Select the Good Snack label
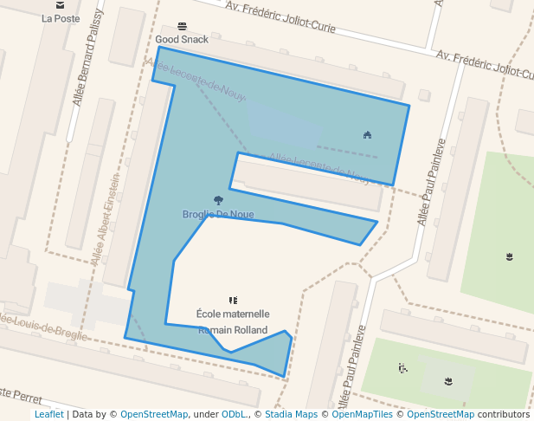[182, 40]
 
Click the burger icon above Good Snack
[182, 26]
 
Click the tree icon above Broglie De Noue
[217, 201]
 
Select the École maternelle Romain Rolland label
[233, 321]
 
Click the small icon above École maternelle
[233, 300]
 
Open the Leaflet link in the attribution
[48, 415]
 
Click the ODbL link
[235, 415]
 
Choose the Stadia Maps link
[290, 415]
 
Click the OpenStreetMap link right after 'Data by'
[154, 415]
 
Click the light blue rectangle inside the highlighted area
[286, 126]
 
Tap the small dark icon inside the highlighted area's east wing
[368, 134]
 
